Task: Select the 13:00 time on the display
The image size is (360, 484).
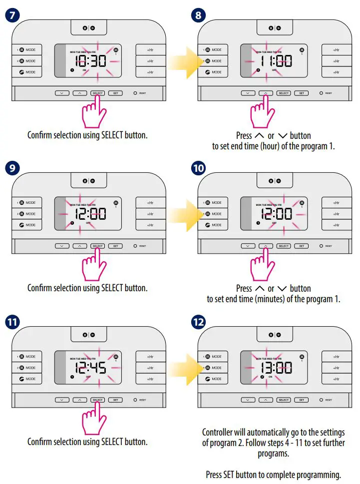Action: pos(274,368)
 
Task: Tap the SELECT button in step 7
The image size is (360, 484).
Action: pos(97,93)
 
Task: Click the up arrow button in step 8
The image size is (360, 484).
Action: pos(266,93)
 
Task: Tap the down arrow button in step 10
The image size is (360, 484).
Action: pos(247,246)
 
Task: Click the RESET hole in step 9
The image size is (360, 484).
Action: pos(135,246)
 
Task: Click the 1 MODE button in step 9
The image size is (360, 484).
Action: pos(27,203)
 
